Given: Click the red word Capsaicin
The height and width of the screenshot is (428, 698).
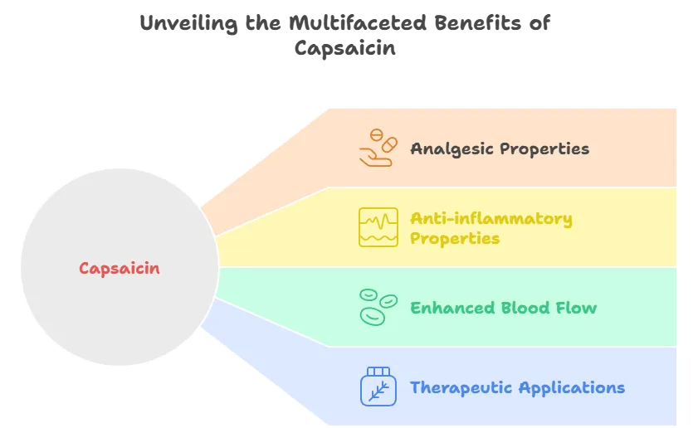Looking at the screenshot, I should pyautogui.click(x=120, y=268).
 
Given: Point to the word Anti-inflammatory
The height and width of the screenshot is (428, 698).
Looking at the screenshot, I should pyautogui.click(x=491, y=219).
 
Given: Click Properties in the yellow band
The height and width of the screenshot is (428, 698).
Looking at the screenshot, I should pyautogui.click(x=455, y=238).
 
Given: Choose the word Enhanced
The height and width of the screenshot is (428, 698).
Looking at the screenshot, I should pyautogui.click(x=452, y=308).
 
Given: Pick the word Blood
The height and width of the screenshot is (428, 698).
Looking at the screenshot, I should pyautogui.click(x=525, y=308).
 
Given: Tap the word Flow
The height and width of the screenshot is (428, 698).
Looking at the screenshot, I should pyautogui.click(x=577, y=308).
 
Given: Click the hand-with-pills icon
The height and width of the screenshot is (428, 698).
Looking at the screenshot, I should pyautogui.click(x=376, y=148).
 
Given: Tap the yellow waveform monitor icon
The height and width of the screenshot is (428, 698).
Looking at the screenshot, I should pyautogui.click(x=378, y=227).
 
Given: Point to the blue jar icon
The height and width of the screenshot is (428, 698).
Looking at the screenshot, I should pyautogui.click(x=378, y=387).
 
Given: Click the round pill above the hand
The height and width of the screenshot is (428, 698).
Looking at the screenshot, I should pyautogui.click(x=378, y=134).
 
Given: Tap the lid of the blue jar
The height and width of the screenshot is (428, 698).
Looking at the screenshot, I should pyautogui.click(x=378, y=371).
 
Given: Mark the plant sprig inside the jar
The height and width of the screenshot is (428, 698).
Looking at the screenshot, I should pyautogui.click(x=378, y=390).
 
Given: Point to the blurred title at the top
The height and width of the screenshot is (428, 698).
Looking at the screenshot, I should pyautogui.click(x=347, y=36).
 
